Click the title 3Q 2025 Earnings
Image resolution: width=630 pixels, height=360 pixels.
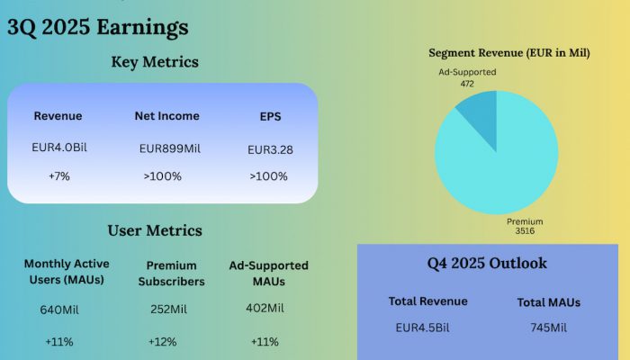tap(97, 27)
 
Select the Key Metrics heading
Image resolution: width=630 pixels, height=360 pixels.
tap(154, 62)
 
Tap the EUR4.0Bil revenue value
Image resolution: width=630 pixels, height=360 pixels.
tap(58, 147)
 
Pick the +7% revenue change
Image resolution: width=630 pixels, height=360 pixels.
tap(58, 176)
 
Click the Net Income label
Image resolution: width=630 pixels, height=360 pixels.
tap(166, 116)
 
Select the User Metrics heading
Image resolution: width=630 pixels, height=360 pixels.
tap(154, 231)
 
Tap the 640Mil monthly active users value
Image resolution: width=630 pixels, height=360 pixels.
tap(61, 310)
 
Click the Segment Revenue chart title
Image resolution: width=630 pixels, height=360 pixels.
tap(508, 53)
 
